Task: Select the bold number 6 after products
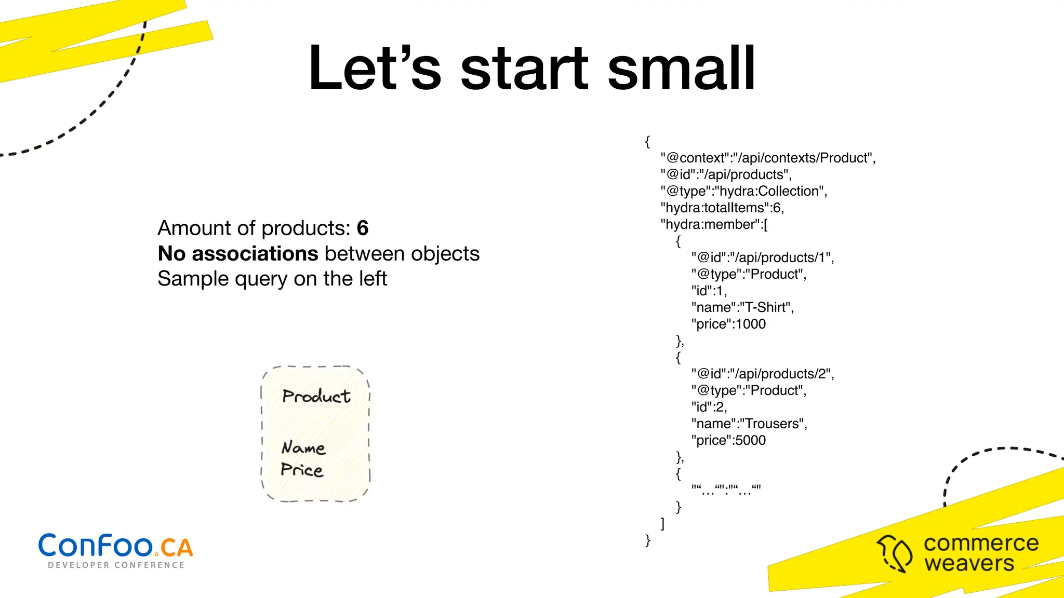[363, 228]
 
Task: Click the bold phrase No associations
[238, 254]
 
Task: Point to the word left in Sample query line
[371, 279]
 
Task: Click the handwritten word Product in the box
[316, 397]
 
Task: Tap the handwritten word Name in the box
[303, 447]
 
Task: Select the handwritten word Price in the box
[302, 470]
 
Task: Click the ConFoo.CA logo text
[115, 546]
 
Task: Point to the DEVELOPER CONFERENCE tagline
[116, 565]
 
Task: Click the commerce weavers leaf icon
[895, 553]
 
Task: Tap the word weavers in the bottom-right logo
[969, 563]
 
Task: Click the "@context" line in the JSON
[768, 158]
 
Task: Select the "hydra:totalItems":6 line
[722, 208]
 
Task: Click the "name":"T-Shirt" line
[742, 307]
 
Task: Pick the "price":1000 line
[728, 324]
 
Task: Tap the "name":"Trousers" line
[749, 424]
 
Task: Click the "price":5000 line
[728, 440]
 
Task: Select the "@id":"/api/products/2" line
[763, 374]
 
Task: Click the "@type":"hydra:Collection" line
[744, 191]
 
